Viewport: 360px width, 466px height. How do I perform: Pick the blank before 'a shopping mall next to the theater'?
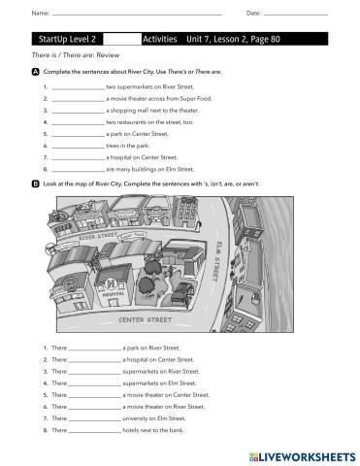point(79,111)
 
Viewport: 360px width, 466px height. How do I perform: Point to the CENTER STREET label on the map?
point(145,318)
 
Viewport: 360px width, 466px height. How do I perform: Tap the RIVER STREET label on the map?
point(96,236)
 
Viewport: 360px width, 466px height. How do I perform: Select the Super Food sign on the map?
point(134,234)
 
